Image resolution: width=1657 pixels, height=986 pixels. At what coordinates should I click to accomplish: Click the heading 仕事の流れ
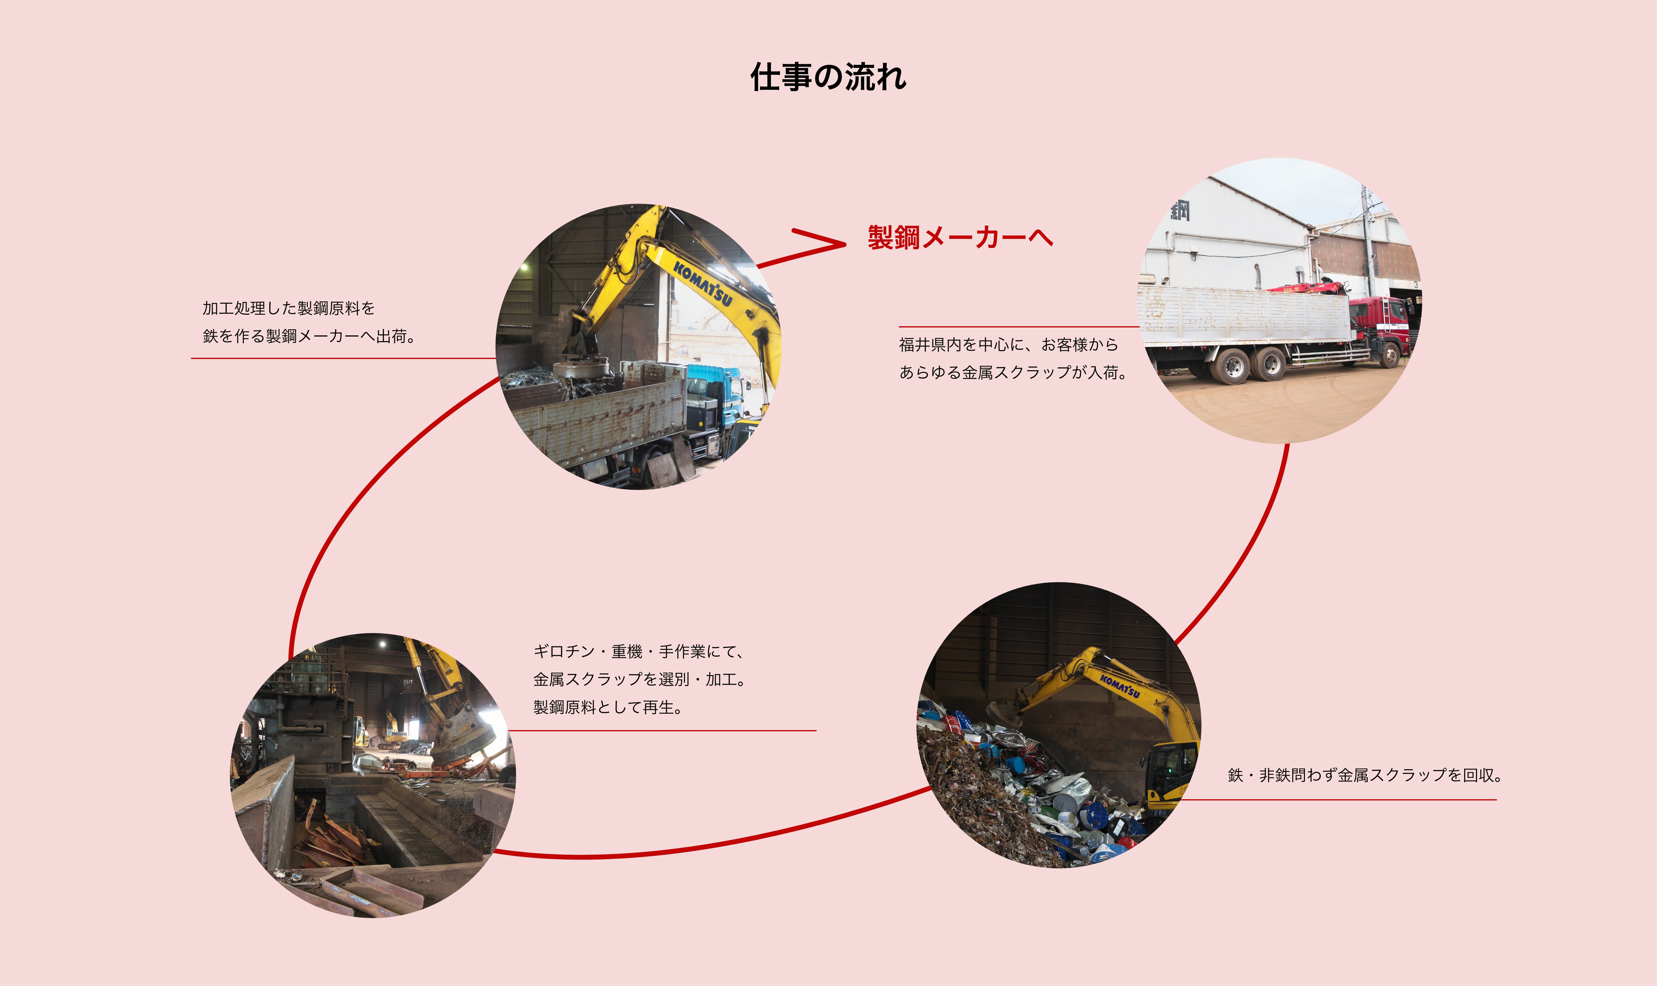coord(828,77)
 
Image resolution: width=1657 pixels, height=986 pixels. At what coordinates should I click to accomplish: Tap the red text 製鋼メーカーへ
coord(960,237)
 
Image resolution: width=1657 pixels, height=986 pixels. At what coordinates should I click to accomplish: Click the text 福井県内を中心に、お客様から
coord(1009,344)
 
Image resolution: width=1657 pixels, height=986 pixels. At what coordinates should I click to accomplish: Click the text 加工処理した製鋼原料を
coord(288,308)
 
